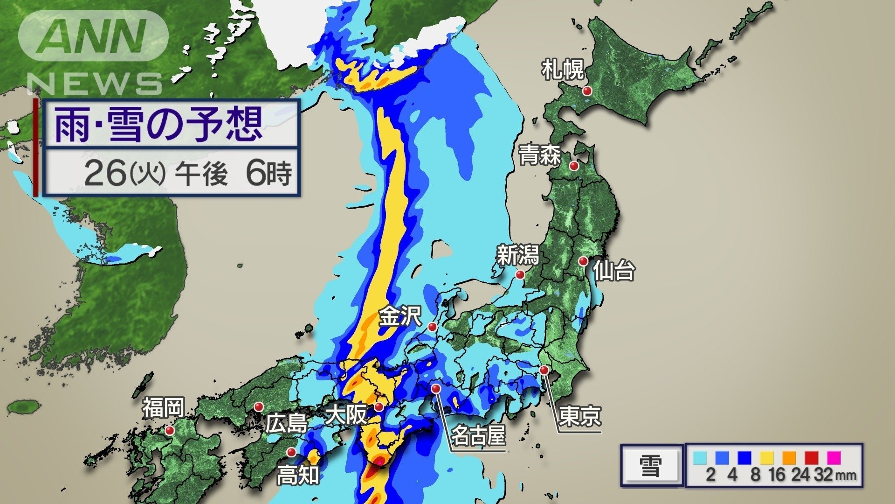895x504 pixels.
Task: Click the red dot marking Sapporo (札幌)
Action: [588, 91]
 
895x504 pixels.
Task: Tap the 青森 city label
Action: [540, 155]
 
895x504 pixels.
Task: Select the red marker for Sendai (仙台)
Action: [583, 261]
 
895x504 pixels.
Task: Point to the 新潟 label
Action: [517, 255]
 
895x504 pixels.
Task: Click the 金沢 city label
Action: [400, 316]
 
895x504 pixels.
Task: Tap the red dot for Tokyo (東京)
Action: [544, 370]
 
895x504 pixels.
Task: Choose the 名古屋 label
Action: [478, 435]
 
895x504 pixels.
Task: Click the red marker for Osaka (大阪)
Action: [379, 407]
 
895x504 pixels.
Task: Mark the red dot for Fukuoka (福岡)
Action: [170, 430]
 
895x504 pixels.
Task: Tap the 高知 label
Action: [298, 475]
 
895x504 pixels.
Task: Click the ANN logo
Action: [94, 36]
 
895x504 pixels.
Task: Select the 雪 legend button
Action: [651, 466]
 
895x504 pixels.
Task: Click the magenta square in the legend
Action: [833, 457]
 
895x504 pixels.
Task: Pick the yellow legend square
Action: [767, 457]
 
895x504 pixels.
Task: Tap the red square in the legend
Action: [811, 457]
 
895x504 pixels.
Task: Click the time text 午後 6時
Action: [233, 173]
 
